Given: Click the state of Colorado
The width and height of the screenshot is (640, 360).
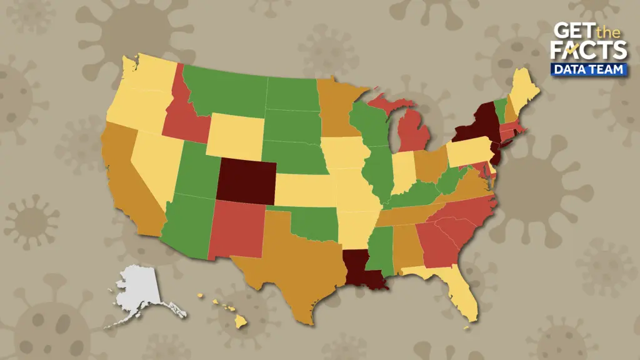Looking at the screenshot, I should pos(245,180).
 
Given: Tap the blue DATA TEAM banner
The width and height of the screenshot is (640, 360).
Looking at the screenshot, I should pos(589,69).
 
